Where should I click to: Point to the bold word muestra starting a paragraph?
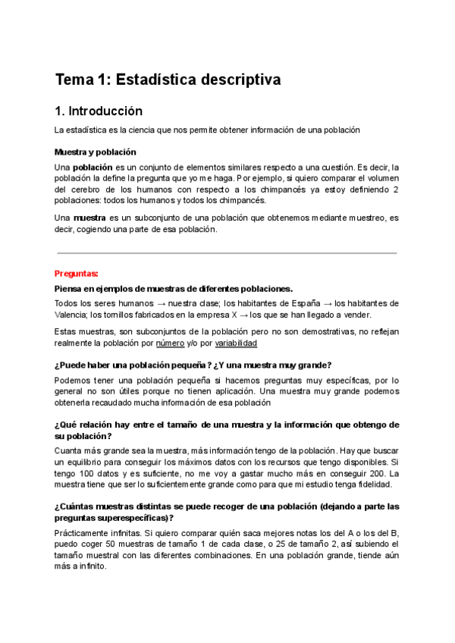90,218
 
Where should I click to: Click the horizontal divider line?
227,253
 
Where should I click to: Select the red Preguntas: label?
76,274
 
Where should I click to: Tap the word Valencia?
71,315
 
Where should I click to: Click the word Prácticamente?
83,532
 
